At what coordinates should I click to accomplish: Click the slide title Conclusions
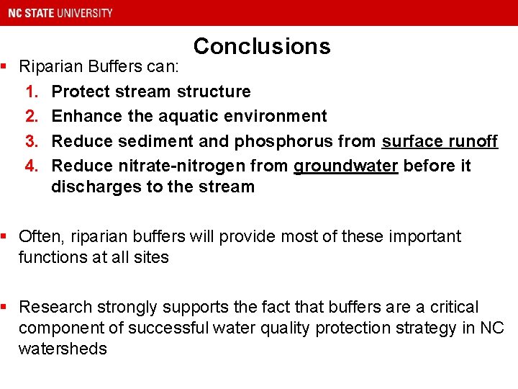(262, 46)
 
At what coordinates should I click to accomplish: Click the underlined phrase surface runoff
(440, 141)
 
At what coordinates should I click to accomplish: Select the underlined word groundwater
(345, 166)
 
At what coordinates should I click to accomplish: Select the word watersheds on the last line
(63, 349)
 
